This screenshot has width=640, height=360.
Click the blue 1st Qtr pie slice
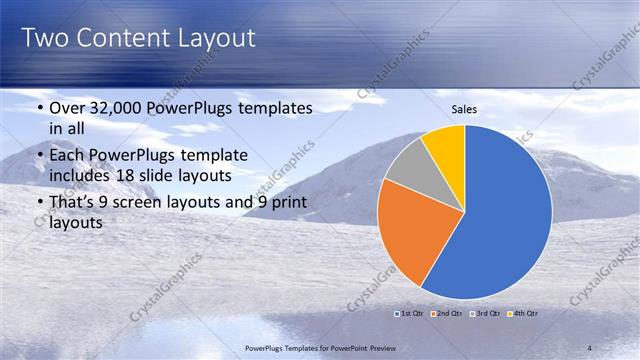(x=505, y=215)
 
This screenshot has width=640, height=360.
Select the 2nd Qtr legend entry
(x=444, y=313)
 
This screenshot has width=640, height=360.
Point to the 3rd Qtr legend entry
(x=484, y=313)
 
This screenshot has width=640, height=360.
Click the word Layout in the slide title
(x=210, y=38)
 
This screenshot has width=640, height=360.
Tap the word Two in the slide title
(x=44, y=38)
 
